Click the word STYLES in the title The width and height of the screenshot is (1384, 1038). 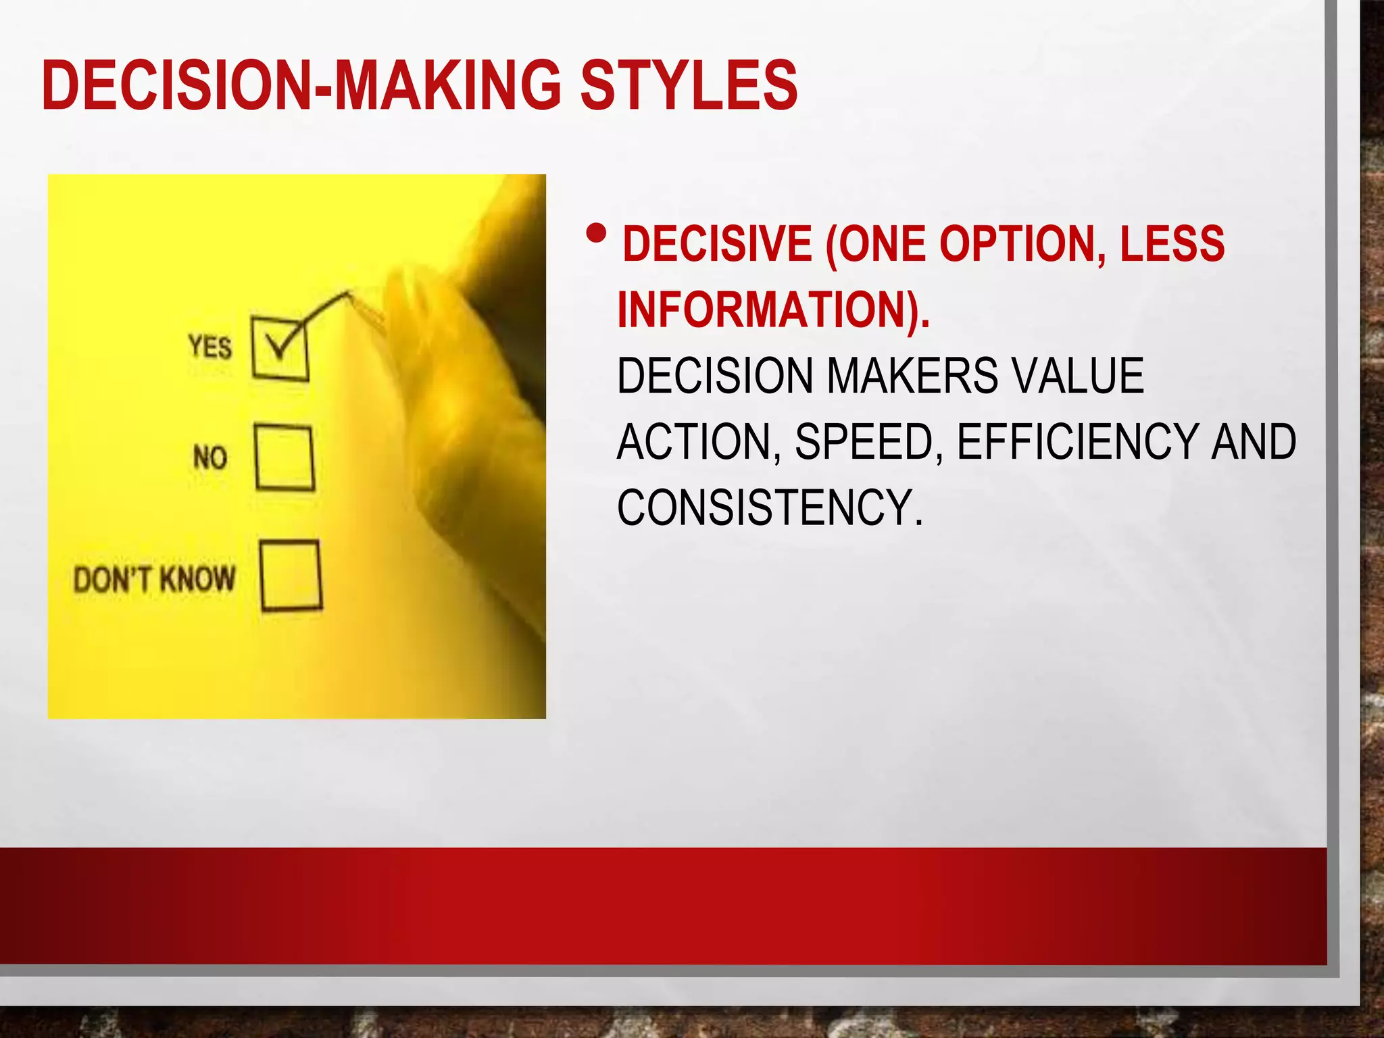(689, 85)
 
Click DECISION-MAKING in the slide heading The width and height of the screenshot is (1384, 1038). (301, 85)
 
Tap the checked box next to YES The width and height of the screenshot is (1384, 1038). (280, 349)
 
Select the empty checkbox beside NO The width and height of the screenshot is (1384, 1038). (285, 457)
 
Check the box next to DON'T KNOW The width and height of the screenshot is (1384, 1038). (291, 576)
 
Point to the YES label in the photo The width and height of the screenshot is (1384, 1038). (210, 347)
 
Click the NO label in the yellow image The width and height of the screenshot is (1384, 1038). (209, 458)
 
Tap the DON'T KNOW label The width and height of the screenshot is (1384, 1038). (155, 579)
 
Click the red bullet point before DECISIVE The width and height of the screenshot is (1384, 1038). (597, 234)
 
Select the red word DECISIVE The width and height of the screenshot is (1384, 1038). (717, 244)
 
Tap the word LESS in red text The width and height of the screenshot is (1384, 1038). (1172, 244)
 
